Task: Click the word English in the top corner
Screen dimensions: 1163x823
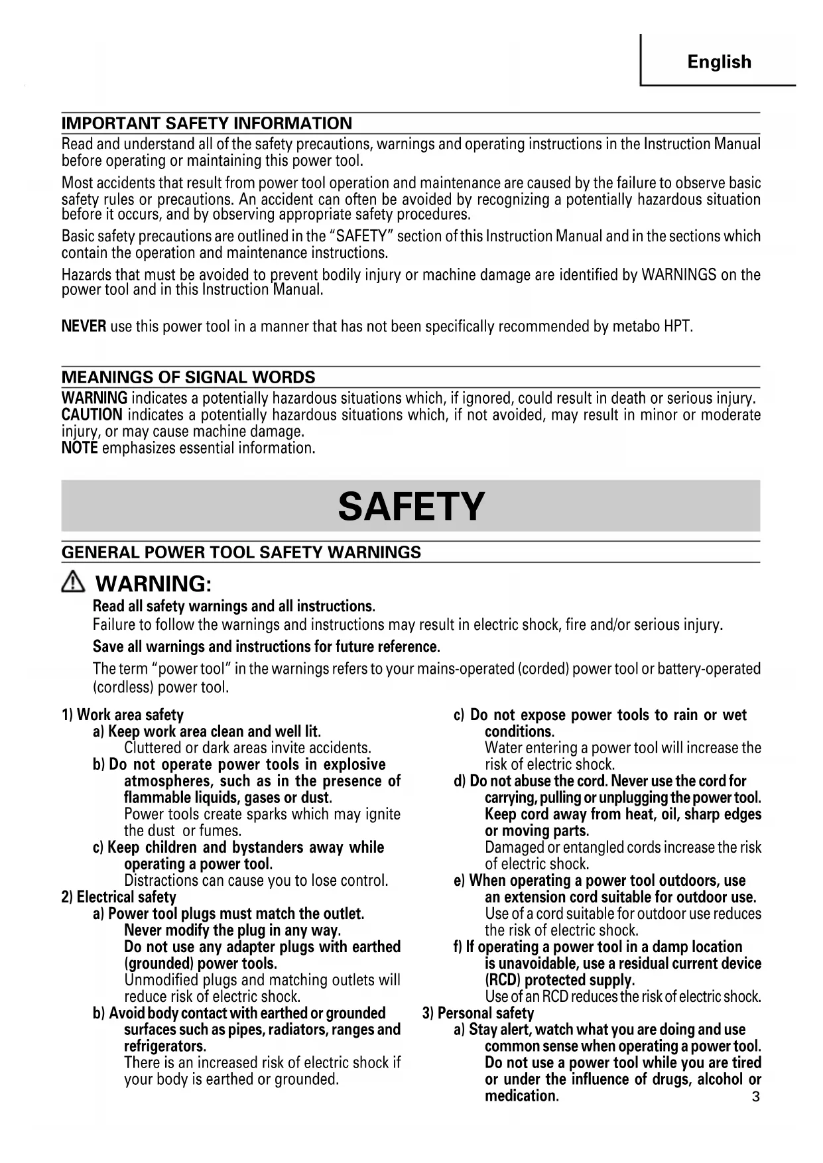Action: pyautogui.click(x=719, y=62)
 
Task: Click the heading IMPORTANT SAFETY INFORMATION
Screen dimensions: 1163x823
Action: pyautogui.click(x=207, y=123)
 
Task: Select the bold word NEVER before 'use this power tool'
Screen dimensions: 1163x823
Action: pyautogui.click(x=84, y=326)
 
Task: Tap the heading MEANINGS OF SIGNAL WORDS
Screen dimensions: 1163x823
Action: pyautogui.click(x=188, y=377)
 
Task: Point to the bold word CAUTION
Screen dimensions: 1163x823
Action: pyautogui.click(x=92, y=415)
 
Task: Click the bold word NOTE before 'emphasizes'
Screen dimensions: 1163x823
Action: pyautogui.click(x=80, y=448)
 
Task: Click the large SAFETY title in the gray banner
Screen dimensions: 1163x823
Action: pyautogui.click(x=411, y=507)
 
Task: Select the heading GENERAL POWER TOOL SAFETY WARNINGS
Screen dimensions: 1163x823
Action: pyautogui.click(x=241, y=552)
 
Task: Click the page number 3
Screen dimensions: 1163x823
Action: pyautogui.click(x=755, y=1097)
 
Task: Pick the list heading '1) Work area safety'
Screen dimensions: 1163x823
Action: pyautogui.click(x=123, y=715)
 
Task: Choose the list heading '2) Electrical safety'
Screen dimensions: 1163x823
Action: pyautogui.click(x=119, y=897)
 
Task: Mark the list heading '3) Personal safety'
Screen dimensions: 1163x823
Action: pyautogui.click(x=478, y=1013)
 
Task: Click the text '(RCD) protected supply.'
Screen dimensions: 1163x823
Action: pyautogui.click(x=560, y=980)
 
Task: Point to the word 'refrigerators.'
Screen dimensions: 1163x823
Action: pyautogui.click(x=165, y=1046)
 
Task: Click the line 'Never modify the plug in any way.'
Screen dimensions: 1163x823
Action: pyautogui.click(x=232, y=930)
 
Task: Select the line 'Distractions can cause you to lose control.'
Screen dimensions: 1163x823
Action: pyautogui.click(x=256, y=881)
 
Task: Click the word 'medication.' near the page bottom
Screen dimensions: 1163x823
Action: pyautogui.click(x=522, y=1096)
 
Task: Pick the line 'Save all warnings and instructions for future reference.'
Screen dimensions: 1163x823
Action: pyautogui.click(x=267, y=646)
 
